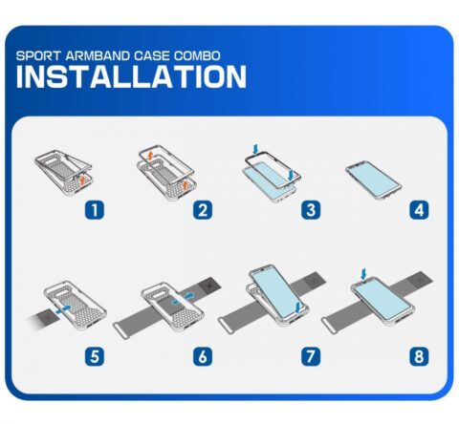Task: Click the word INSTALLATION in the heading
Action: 131,76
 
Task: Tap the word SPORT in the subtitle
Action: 38,55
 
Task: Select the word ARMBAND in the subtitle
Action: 98,55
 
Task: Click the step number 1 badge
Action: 95,210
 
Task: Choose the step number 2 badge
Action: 203,210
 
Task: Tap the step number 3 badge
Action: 311,210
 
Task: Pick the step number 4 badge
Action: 419,210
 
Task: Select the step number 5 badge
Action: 95,356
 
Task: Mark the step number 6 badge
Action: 203,356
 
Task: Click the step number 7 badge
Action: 311,356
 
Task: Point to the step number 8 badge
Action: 419,356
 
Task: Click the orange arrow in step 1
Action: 82,180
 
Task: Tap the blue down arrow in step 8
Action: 363,274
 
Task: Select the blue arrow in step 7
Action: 297,307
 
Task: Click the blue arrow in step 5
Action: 63,309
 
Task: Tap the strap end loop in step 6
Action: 120,330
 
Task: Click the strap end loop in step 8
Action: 329,325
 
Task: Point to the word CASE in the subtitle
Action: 152,55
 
